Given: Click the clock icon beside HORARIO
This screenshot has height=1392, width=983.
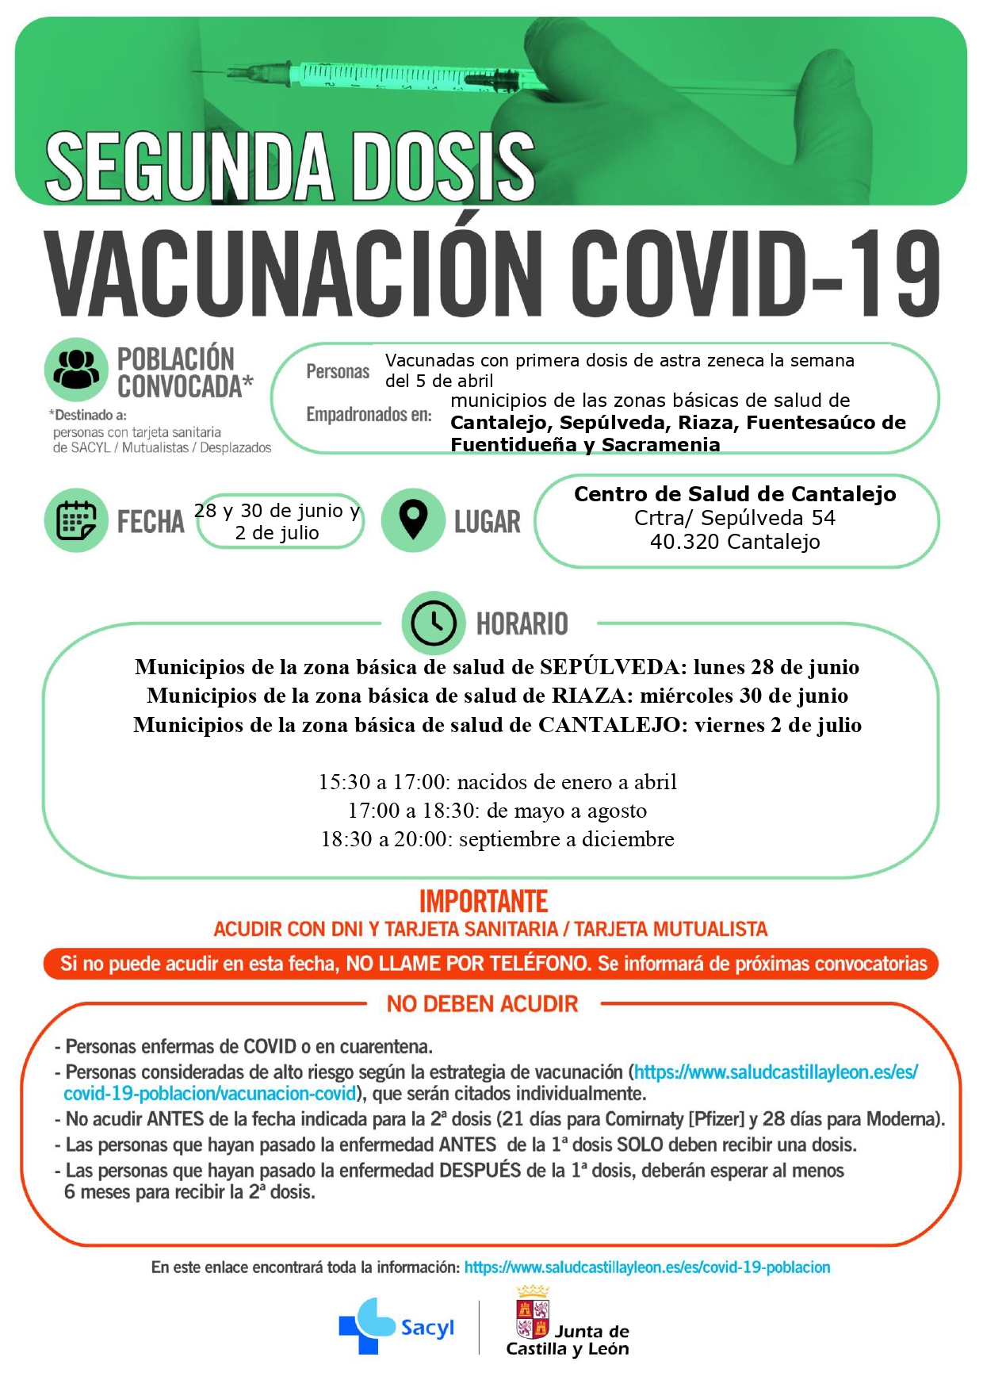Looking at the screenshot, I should click(433, 623).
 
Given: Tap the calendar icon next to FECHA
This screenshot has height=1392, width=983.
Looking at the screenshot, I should click(76, 520).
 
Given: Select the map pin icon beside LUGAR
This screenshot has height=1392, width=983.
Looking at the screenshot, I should click(413, 520).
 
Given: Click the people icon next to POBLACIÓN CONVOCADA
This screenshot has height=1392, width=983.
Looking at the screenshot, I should click(76, 369).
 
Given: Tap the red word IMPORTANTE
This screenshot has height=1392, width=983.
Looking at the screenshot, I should click(484, 902).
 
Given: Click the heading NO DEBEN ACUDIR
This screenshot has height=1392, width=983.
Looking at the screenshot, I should click(482, 1004).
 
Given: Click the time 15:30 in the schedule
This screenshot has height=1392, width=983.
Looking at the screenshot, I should click(344, 782).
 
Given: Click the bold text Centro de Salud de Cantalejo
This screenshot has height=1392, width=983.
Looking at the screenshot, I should click(735, 494).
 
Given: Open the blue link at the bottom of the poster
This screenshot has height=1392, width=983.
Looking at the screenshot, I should click(647, 1267).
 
